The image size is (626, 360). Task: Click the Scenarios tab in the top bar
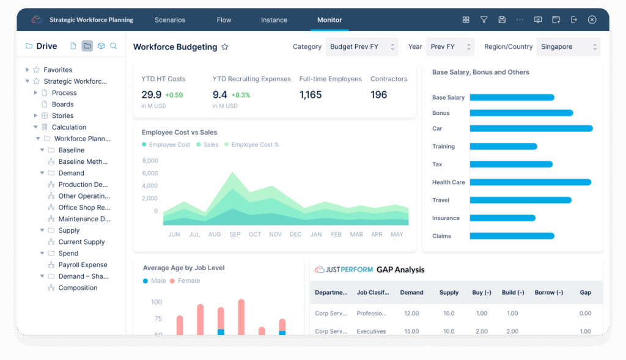click(169, 20)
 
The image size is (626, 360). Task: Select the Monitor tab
click(330, 20)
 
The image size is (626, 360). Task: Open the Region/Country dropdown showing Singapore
click(568, 46)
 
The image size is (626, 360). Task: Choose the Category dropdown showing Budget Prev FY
click(361, 46)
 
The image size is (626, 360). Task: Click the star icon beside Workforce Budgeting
click(225, 47)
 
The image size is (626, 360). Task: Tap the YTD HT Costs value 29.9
click(151, 95)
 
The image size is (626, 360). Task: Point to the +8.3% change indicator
click(241, 95)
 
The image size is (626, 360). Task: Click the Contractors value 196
click(378, 95)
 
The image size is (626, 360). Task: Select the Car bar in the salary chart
click(531, 128)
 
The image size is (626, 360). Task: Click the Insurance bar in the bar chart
click(502, 218)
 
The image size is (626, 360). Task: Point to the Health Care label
click(448, 182)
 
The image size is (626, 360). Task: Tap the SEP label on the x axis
click(235, 235)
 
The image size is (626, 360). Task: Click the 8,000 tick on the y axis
click(150, 161)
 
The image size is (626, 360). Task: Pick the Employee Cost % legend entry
click(254, 145)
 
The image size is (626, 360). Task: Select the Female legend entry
click(188, 281)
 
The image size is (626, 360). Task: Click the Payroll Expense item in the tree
click(83, 265)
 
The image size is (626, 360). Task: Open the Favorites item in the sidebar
click(57, 70)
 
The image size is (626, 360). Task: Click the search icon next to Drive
click(113, 46)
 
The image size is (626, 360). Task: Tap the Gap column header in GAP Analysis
click(585, 292)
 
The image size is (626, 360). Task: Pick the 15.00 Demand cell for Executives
click(411, 331)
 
